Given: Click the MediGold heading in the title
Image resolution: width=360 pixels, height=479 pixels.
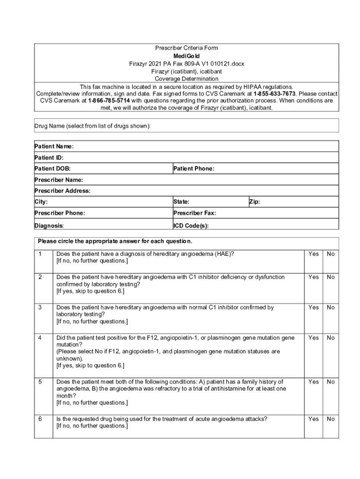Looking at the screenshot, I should (x=186, y=56).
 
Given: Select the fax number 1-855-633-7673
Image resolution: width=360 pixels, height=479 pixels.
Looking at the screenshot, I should (x=274, y=94).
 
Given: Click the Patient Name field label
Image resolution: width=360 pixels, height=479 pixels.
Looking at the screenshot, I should (x=54, y=146).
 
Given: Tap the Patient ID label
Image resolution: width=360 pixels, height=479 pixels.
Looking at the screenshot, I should (x=49, y=158).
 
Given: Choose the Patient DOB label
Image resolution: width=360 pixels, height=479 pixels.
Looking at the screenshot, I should (x=52, y=168).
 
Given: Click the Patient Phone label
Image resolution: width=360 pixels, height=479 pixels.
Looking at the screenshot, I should (x=194, y=168).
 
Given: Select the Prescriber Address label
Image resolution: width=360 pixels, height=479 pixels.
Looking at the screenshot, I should (x=63, y=191).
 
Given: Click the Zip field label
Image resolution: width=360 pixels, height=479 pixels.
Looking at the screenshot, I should (x=254, y=202).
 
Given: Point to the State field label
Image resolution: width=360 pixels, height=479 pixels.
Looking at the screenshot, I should (x=181, y=202).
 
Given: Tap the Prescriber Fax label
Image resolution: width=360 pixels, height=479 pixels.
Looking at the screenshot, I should (x=194, y=213).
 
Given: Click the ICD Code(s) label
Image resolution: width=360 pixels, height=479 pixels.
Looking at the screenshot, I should (x=191, y=225).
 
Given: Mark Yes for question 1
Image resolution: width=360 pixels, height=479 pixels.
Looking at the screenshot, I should (x=313, y=254).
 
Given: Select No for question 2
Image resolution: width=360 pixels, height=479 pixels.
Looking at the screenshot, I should (x=331, y=277).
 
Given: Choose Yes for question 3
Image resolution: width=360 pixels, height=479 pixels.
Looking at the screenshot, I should (x=313, y=307).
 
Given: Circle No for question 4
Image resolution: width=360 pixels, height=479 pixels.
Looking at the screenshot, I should (x=331, y=338).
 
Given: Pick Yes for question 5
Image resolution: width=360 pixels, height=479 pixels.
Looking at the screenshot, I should (x=313, y=382).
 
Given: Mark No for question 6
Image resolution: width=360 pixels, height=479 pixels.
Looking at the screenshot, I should (x=331, y=419).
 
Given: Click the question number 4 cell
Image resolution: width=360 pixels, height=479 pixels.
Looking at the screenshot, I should (x=40, y=338).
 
